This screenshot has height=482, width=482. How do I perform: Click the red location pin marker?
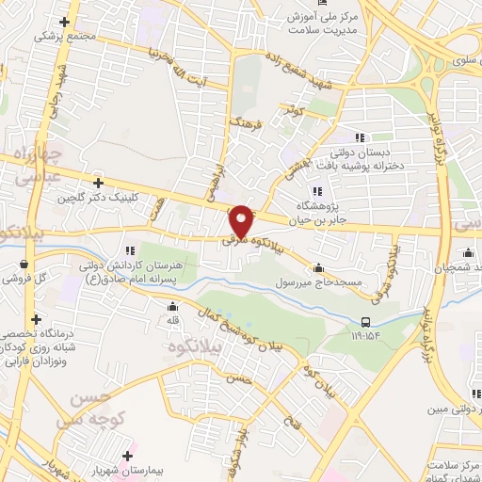[243, 220]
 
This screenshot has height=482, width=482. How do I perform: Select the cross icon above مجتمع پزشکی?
[64, 22]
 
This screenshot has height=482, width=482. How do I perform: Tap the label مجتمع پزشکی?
[64, 37]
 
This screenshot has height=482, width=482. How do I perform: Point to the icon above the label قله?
[172, 306]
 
